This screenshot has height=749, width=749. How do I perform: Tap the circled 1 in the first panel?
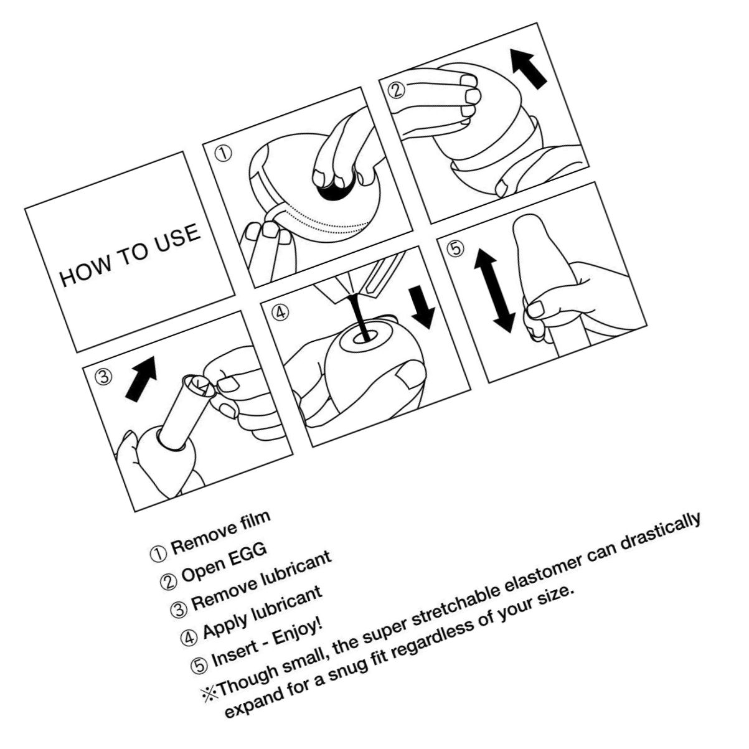[224, 153]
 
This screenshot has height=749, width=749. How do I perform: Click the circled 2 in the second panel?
[397, 90]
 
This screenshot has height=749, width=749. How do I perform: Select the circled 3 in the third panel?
[103, 377]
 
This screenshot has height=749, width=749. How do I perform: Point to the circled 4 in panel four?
[280, 313]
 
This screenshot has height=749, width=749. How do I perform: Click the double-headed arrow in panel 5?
[494, 290]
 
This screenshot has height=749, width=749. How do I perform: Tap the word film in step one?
[254, 521]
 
